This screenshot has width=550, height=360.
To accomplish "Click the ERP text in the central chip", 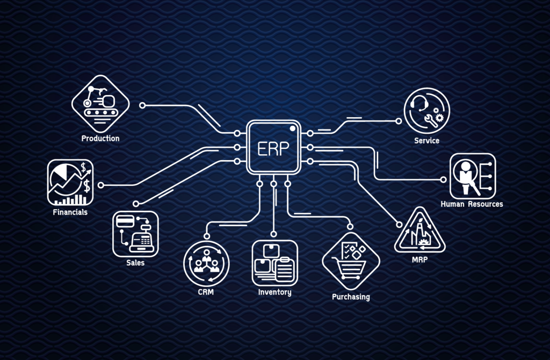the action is coord(273,149).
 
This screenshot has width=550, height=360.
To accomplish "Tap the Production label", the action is coord(100,139).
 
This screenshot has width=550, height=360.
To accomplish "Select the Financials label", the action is coord(70,212).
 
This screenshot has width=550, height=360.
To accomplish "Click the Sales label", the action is coord(135,263).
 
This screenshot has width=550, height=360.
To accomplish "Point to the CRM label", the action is coord(206,292).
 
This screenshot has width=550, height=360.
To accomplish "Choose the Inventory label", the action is coord(274,292).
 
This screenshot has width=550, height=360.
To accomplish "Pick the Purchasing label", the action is coord(351,297).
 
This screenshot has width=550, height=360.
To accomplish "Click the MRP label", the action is coord(420,260).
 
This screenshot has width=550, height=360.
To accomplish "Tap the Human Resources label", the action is coord(472,204).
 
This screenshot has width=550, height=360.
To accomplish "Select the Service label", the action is coord(426,141).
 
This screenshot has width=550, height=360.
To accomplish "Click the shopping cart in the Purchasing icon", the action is coord(349,269).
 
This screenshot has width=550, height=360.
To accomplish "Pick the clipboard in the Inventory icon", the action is coord(284,269).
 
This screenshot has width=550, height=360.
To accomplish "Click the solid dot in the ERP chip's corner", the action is coord(293,128).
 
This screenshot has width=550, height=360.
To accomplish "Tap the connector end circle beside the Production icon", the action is coord(142,105).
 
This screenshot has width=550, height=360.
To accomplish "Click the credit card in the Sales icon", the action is coord(125,222).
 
